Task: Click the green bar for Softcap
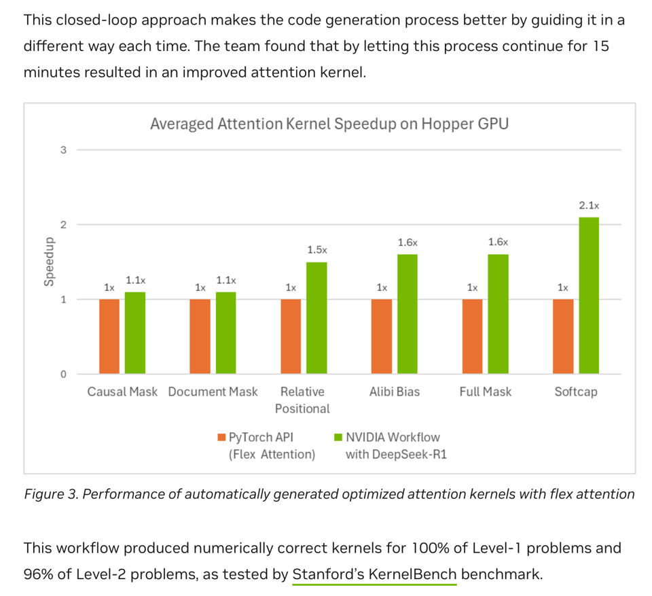tap(589, 296)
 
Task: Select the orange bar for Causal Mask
tap(109, 336)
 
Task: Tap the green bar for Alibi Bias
tap(407, 314)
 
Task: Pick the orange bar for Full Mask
tap(472, 336)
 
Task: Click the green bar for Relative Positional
tap(316, 318)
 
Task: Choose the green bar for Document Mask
tap(226, 333)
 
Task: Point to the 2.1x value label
tap(589, 205)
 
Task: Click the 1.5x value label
tap(316, 250)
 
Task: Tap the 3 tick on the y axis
tap(63, 150)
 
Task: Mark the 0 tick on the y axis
tap(63, 374)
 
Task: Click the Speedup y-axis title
tap(49, 262)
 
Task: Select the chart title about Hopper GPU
tap(329, 124)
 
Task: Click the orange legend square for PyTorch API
tap(221, 437)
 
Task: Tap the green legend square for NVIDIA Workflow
tap(338, 437)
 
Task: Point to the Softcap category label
tap(576, 392)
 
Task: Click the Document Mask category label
tap(213, 392)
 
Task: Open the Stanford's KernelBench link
tap(374, 574)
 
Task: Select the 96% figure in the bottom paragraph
tap(39, 574)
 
